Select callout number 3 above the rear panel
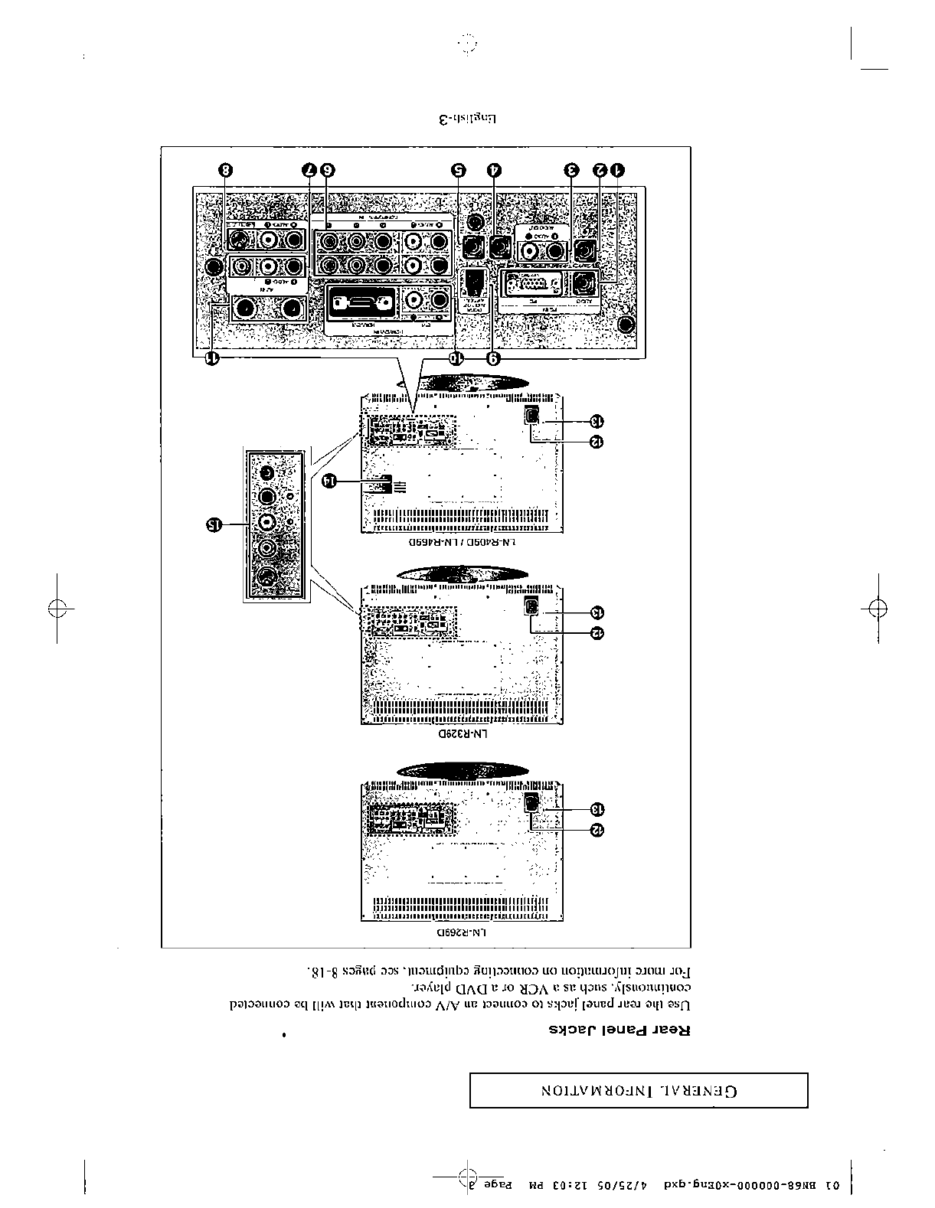pyautogui.click(x=571, y=170)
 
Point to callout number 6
pyautogui.click(x=328, y=170)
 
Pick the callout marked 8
pyautogui.click(x=224, y=170)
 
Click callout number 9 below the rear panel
pyautogui.click(x=494, y=358)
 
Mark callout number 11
pyautogui.click(x=214, y=358)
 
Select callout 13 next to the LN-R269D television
pyautogui.click(x=597, y=809)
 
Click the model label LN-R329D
pyautogui.click(x=463, y=733)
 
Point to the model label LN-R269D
pyautogui.click(x=462, y=933)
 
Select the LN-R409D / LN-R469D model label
pyautogui.click(x=462, y=542)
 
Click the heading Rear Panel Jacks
pyautogui.click(x=620, y=1029)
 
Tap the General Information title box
pyautogui.click(x=639, y=1090)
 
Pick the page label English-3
pyautogui.click(x=467, y=119)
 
